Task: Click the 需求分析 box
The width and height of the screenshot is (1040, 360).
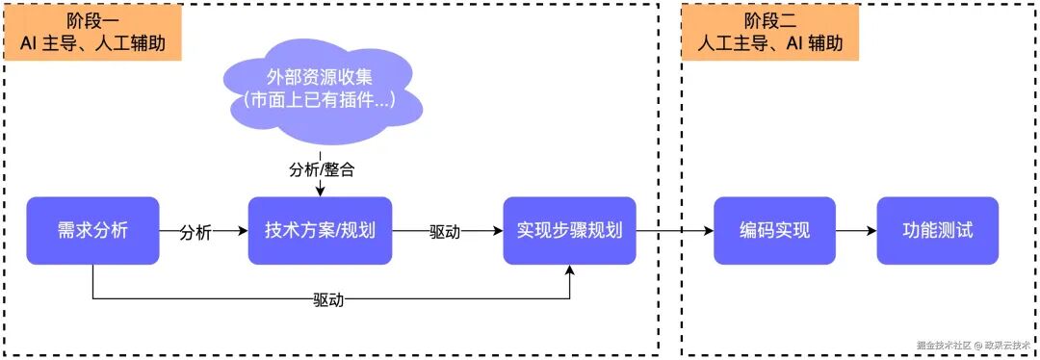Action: coord(92,231)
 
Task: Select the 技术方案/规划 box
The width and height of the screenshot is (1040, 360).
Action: coord(320,231)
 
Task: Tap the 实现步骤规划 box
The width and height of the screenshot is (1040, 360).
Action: coord(569,231)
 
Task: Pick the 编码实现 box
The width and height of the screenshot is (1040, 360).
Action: coord(774,231)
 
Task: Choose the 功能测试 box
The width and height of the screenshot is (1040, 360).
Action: coord(937,231)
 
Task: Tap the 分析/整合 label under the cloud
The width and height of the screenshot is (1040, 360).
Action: coord(322,169)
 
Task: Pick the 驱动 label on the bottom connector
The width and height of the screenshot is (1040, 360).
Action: coord(327,299)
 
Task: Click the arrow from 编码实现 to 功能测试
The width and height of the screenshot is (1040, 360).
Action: coord(855,231)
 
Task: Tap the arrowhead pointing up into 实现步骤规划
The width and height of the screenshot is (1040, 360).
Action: coord(570,271)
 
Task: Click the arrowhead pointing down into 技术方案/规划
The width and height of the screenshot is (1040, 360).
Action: coord(320,192)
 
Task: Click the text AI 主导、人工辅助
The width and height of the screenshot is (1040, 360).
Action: coord(93,43)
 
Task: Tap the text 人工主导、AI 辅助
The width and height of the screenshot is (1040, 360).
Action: coord(768,43)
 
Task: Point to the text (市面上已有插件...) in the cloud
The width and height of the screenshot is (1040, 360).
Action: coord(319,99)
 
